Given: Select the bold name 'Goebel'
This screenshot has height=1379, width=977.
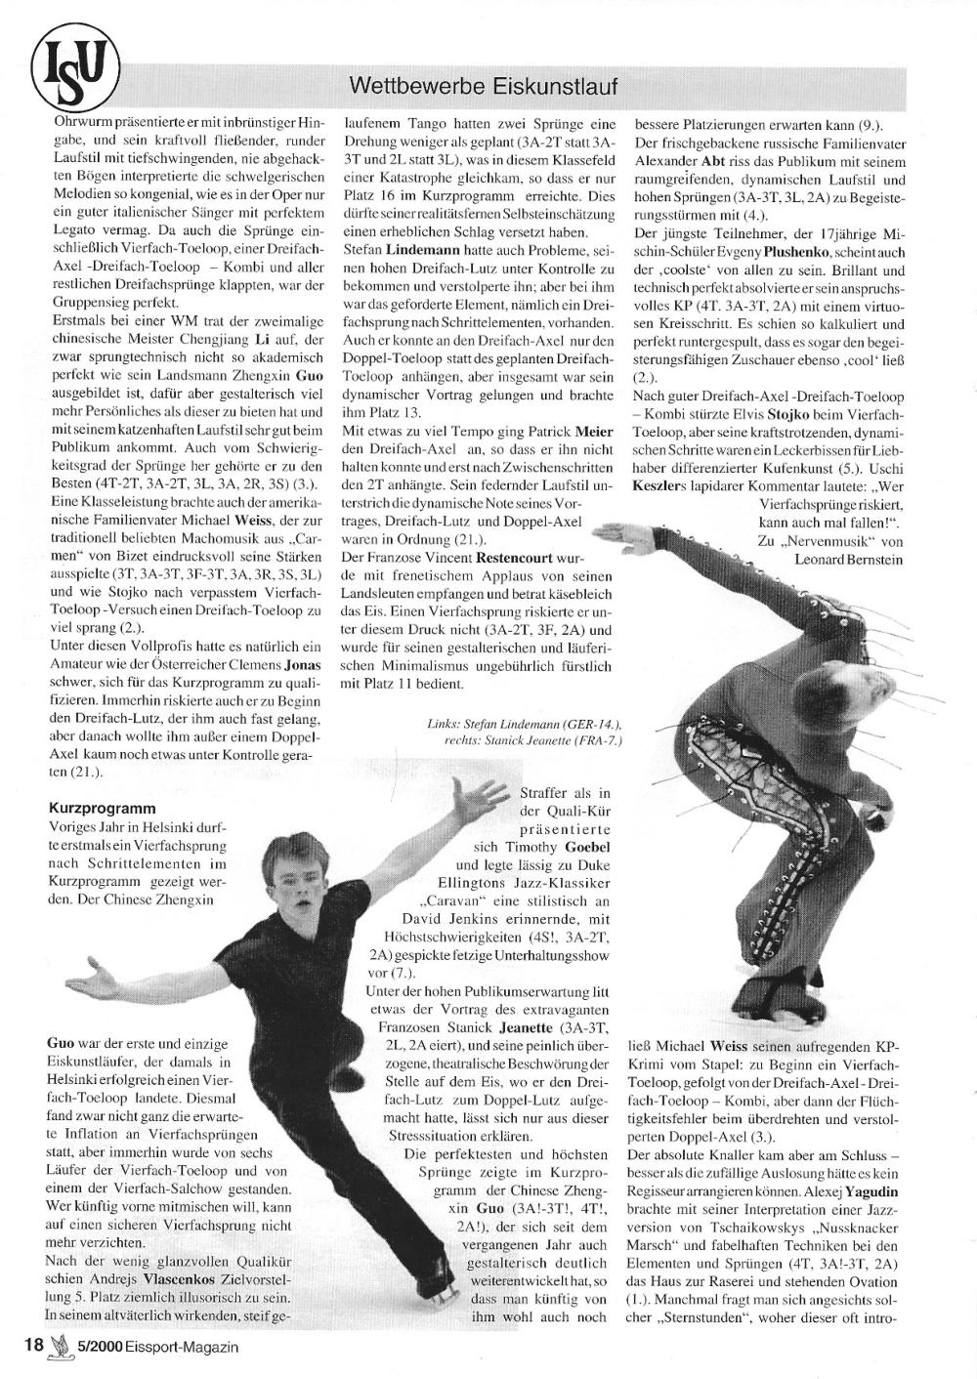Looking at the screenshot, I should coord(587,847).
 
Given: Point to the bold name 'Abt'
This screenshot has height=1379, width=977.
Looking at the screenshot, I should coord(712,159).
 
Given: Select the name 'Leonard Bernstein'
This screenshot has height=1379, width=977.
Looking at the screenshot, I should coord(848,559).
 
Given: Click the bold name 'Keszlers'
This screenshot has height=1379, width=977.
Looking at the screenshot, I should coord(665,485).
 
